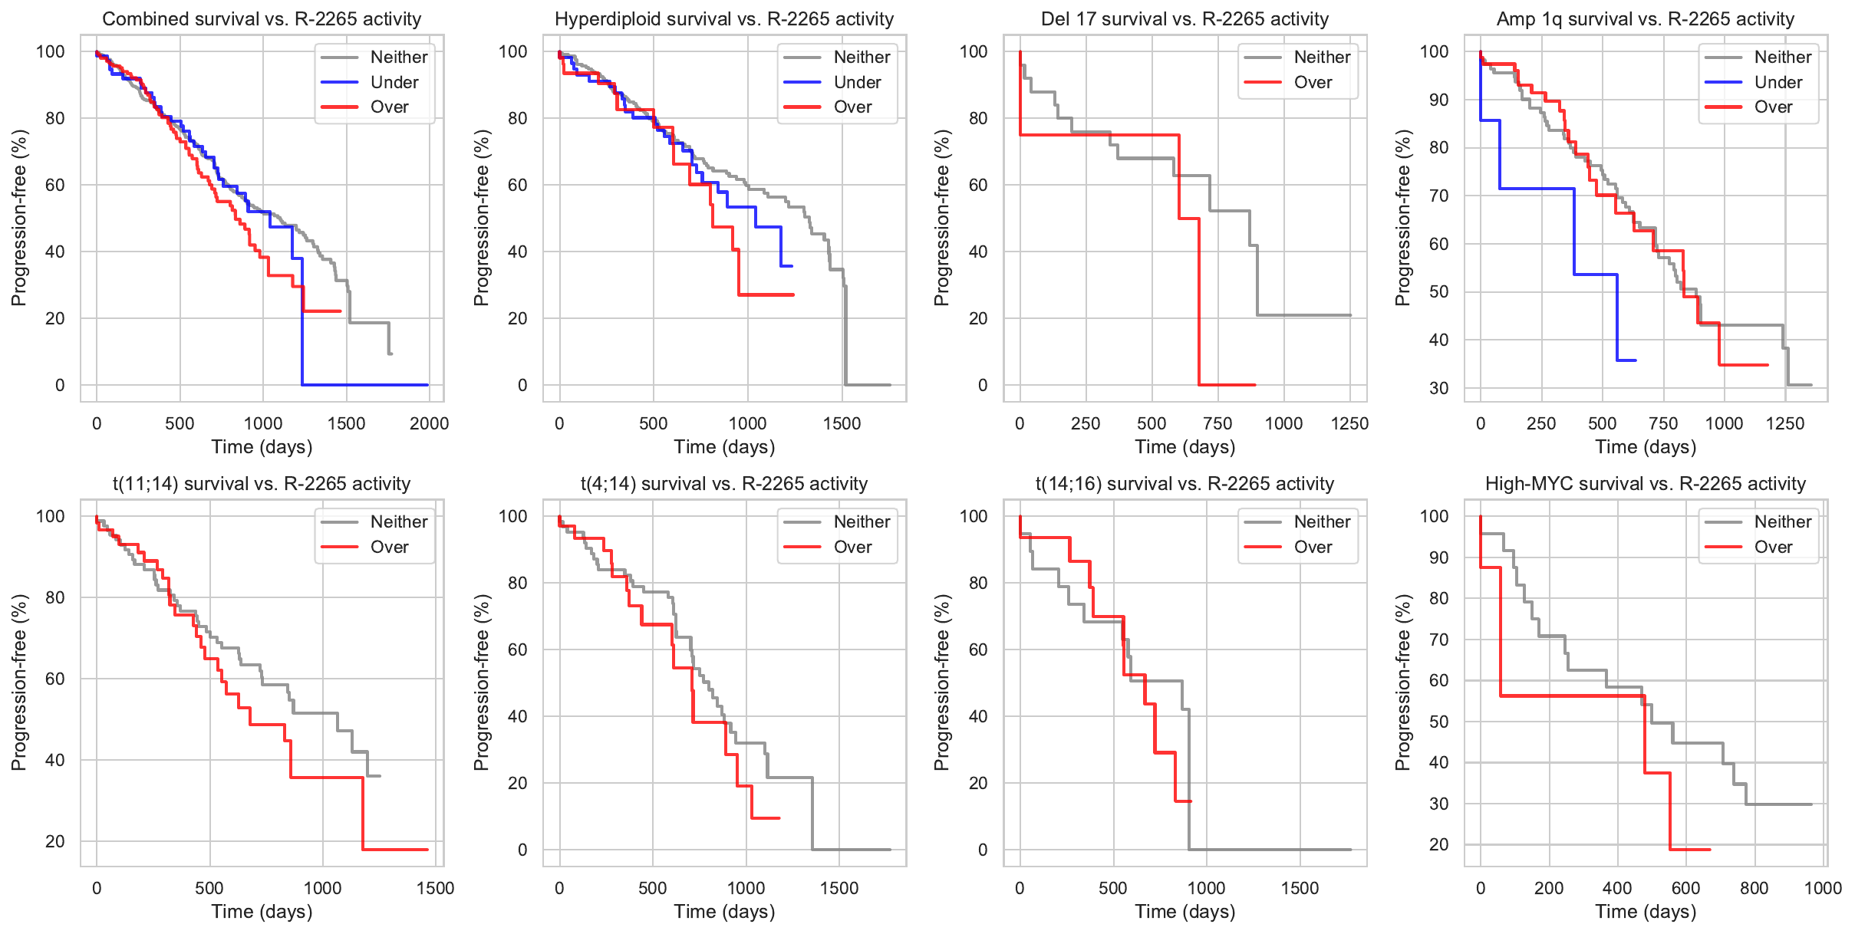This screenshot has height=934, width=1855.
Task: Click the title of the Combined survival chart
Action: (x=262, y=19)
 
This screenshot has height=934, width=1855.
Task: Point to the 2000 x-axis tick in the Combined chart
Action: (x=429, y=423)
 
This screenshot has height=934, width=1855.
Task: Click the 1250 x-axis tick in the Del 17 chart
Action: (x=1349, y=423)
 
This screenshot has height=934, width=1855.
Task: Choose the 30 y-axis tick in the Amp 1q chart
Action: (x=1438, y=388)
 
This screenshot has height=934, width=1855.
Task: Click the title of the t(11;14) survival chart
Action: (x=262, y=484)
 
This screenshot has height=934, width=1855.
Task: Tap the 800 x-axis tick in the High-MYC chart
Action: (x=1755, y=888)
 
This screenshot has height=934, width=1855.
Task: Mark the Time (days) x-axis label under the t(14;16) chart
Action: (x=1184, y=912)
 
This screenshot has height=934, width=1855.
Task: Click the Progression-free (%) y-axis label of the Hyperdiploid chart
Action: (x=481, y=218)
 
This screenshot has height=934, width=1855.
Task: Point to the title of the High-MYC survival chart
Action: (x=1646, y=484)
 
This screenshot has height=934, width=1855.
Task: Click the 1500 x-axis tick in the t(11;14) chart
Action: (x=435, y=888)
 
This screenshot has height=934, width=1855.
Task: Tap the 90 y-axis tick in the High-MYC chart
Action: (x=1438, y=557)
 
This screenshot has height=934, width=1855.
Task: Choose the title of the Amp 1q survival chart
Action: (x=1646, y=19)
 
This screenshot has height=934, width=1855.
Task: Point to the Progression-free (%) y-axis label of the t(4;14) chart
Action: (x=481, y=682)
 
